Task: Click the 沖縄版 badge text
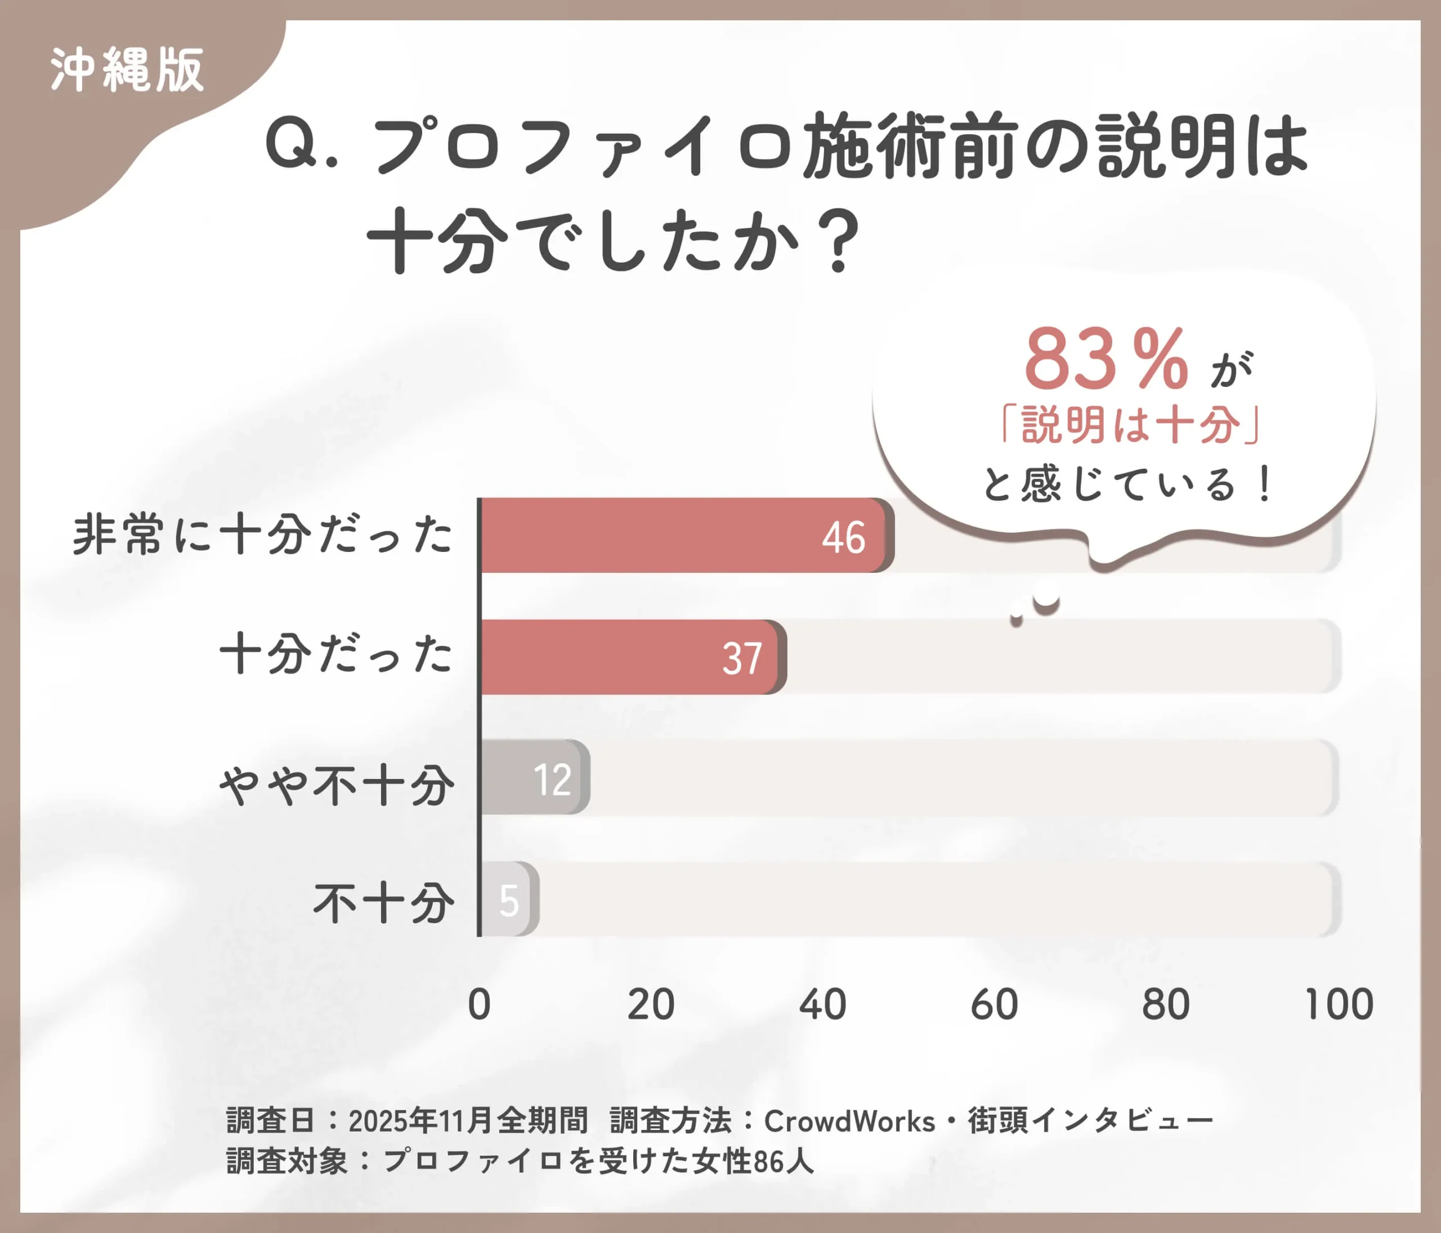(127, 70)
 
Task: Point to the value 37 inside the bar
(742, 659)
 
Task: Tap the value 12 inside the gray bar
(553, 780)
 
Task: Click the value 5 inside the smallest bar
(509, 901)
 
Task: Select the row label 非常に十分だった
(263, 535)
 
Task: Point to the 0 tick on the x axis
(479, 1004)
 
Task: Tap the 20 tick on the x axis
(651, 1004)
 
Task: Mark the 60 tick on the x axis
(994, 1004)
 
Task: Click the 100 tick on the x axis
(1339, 1004)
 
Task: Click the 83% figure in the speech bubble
(1106, 360)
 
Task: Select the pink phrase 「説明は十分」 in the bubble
(1130, 425)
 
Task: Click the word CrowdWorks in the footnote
(849, 1121)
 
